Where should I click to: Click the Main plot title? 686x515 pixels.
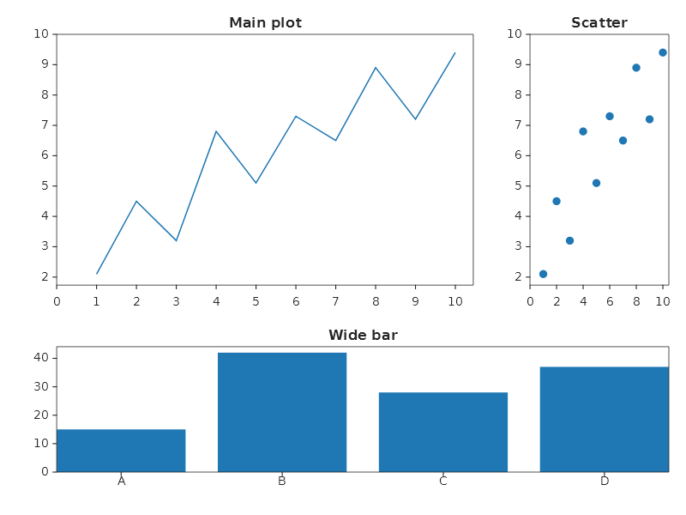[x=265, y=23]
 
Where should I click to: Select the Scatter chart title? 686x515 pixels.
[x=599, y=23]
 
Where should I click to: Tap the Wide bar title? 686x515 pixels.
[x=363, y=336]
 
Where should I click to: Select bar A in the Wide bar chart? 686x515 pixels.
[x=121, y=451]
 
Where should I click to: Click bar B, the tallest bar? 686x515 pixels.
[x=282, y=412]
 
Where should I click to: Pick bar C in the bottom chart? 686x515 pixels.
[x=443, y=432]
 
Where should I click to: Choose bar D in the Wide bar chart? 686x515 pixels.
[x=605, y=419]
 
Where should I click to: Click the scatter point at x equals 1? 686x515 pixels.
[x=543, y=274]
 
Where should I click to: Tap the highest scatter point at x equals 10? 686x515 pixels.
[x=663, y=52]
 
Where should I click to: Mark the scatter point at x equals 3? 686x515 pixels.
[x=569, y=240]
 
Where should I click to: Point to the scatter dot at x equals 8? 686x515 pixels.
[x=636, y=68]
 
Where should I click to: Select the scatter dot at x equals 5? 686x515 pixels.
[x=596, y=183]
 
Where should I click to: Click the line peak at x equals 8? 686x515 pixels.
[x=376, y=68]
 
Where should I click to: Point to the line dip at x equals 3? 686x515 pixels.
[x=177, y=240]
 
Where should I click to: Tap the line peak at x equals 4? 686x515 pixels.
[x=216, y=131]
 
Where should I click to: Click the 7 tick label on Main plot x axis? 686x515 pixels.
[x=335, y=301]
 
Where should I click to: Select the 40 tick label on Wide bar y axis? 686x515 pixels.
[x=40, y=358]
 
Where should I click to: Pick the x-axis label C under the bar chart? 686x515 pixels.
[x=443, y=482]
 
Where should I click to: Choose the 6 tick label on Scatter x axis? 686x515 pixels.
[x=610, y=301]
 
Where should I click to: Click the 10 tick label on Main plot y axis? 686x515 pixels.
[x=40, y=34]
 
